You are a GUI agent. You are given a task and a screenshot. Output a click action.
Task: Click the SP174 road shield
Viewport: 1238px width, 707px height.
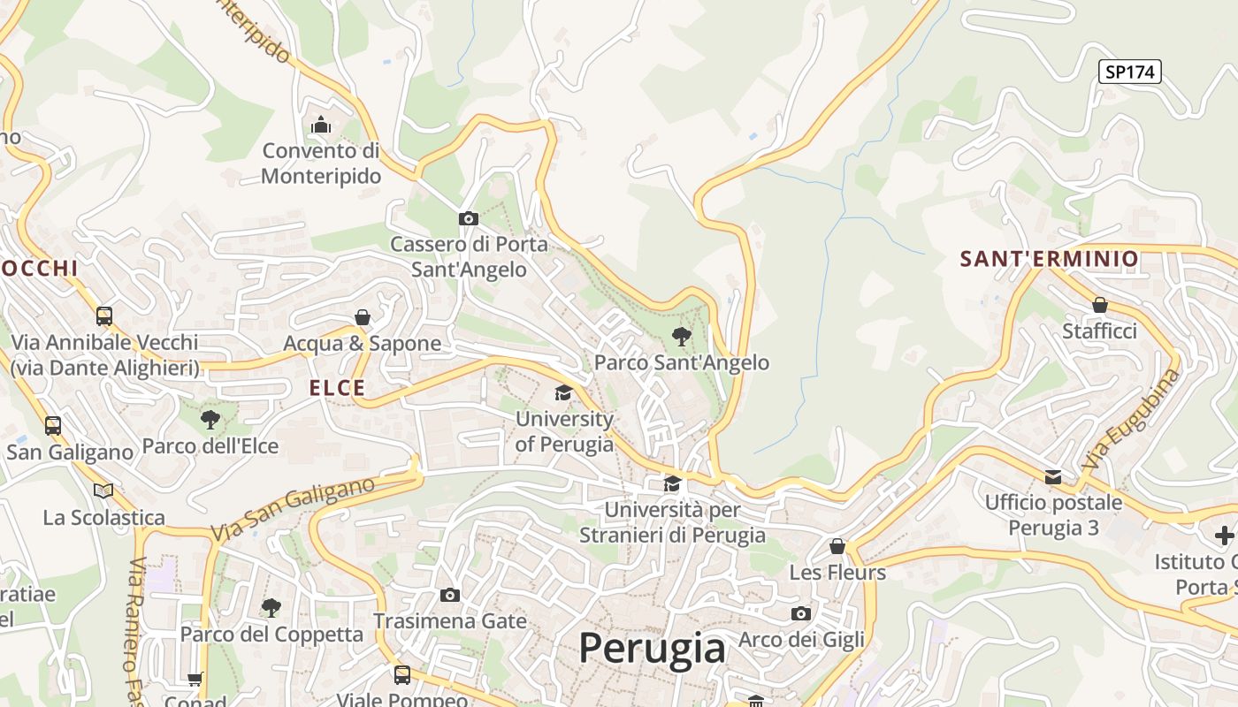(1129, 72)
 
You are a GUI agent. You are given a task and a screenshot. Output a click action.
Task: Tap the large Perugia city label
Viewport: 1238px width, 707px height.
(652, 648)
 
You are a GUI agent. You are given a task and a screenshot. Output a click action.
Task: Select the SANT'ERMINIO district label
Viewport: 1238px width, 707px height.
(1049, 259)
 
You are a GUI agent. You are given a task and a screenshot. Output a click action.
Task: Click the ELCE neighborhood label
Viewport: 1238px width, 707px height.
(337, 388)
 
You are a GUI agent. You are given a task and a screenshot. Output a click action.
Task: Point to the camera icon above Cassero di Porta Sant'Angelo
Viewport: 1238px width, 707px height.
(468, 218)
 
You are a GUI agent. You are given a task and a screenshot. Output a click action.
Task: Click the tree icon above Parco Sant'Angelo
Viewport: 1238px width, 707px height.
(681, 336)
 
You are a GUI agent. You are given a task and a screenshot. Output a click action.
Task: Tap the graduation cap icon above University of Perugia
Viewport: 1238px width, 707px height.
(563, 392)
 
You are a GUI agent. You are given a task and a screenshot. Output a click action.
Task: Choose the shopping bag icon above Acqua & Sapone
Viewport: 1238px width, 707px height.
(362, 317)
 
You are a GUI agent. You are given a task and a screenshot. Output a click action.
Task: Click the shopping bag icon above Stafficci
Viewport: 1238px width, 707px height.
(1099, 305)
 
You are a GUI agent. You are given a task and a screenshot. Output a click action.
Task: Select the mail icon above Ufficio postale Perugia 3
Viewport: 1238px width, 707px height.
(1053, 477)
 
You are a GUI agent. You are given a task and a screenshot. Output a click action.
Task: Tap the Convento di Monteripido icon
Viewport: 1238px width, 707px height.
(321, 125)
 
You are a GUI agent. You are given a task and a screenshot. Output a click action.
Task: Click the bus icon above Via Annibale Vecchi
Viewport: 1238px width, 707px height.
(104, 315)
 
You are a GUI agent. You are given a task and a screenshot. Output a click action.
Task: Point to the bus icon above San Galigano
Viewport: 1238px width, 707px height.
(53, 425)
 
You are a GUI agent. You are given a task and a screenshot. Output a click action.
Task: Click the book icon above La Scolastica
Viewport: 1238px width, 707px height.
(103, 490)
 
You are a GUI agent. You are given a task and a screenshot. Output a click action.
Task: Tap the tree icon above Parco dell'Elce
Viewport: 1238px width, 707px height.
(210, 419)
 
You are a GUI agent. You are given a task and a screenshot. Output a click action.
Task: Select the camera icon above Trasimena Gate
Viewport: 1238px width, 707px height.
(450, 595)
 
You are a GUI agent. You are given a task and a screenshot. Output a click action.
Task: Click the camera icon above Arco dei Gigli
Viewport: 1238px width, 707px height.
(800, 613)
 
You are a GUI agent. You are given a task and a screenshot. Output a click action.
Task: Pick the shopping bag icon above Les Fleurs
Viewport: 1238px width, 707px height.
(837, 546)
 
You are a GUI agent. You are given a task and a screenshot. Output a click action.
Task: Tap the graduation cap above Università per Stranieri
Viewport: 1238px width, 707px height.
(672, 483)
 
